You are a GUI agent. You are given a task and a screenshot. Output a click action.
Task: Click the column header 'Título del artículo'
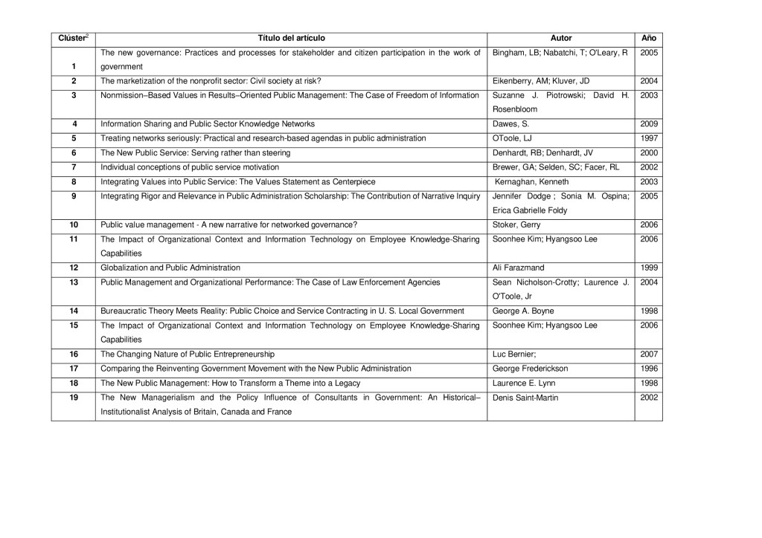291,38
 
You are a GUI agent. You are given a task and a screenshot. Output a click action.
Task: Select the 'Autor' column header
560,38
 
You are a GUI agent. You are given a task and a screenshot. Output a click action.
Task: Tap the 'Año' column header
648,38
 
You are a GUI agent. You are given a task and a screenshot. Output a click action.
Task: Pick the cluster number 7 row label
74,167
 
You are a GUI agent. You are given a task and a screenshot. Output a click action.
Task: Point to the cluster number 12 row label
74,267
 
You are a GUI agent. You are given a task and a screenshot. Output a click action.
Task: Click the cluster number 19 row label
74,398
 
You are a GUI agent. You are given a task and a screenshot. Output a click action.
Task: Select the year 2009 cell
648,124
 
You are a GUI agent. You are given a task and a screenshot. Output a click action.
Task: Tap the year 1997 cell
648,138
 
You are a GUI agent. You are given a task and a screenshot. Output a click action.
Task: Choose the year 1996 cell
648,369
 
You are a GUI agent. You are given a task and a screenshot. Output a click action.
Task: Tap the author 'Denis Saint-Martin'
525,398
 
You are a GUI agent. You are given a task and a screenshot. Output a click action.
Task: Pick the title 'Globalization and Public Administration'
170,267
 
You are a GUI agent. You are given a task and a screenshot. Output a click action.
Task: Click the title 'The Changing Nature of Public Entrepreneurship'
188,354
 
